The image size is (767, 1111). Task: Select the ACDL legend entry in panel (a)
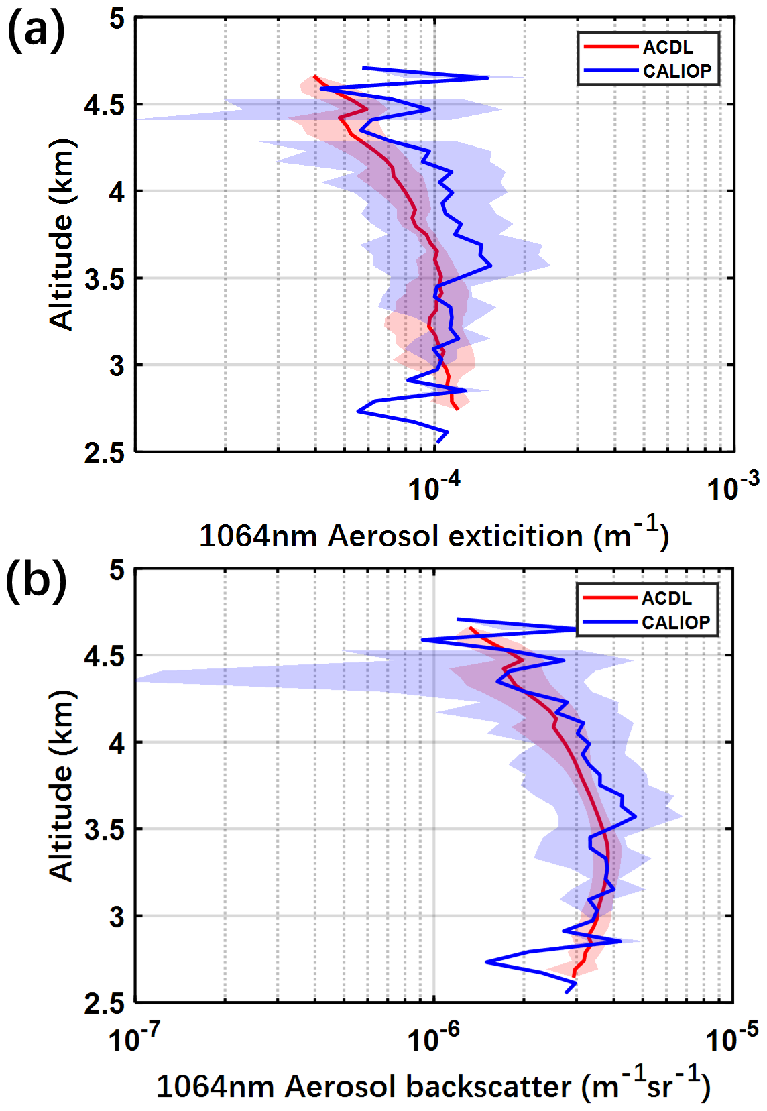668,48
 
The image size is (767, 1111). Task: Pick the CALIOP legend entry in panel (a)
677,71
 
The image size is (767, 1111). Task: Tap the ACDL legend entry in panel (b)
666,598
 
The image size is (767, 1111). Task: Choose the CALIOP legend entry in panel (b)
676,622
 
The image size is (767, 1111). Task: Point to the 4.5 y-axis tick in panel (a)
105,105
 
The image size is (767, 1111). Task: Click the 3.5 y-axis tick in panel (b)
105,830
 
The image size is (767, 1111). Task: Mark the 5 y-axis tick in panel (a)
117,19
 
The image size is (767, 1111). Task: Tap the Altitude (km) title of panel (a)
62,235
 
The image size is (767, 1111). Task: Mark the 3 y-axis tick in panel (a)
117,366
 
